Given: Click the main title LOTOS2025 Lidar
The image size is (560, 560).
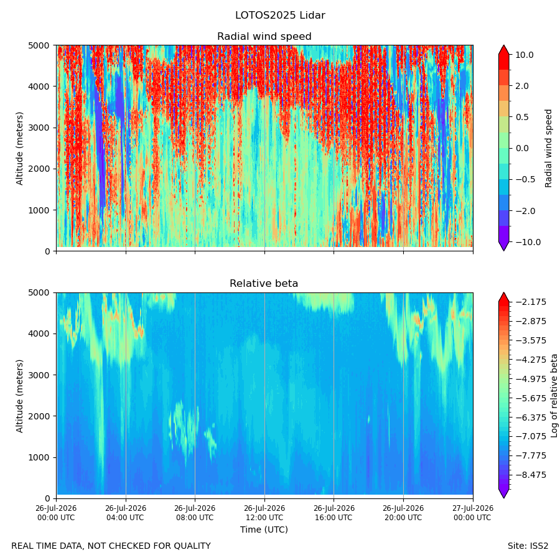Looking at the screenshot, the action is point(280,16).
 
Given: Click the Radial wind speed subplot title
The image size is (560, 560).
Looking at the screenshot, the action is point(264,37).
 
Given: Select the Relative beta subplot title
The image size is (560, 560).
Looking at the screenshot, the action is point(264,284).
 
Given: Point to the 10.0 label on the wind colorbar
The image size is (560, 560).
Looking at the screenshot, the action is point(525,55).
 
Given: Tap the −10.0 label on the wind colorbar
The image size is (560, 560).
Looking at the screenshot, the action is point(528,242).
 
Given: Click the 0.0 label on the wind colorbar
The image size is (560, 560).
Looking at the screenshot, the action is point(522,149).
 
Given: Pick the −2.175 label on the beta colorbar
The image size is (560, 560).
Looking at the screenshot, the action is point(531,302).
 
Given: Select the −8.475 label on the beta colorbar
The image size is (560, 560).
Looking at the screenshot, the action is point(531,475).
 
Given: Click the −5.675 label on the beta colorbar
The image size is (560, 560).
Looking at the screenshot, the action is point(531,398).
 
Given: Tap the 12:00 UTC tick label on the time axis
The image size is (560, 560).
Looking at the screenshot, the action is point(264,513).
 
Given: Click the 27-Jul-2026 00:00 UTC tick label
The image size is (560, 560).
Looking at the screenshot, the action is point(473,513).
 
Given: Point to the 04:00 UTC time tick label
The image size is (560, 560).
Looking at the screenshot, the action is point(126,513).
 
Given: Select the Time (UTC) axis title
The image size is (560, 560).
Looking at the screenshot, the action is point(264,530).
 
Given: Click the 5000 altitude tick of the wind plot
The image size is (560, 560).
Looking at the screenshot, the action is point(39,45).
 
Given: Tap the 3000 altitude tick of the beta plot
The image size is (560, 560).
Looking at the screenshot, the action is point(39,375).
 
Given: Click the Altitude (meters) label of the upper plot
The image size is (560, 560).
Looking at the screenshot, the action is point(19,149).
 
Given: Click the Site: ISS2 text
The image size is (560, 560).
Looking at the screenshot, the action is point(528,546).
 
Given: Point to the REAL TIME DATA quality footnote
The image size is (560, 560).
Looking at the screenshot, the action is point(111,546).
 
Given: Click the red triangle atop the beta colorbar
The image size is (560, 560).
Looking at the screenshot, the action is point(503,297).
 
